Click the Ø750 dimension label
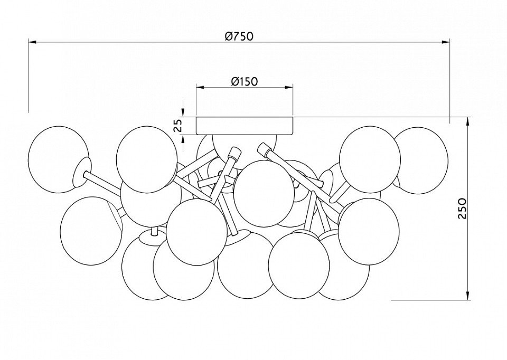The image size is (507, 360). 240,36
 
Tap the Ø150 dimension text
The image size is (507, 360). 245,81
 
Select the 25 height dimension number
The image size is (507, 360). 177,126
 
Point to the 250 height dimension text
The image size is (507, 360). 463,209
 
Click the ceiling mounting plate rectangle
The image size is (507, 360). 245,126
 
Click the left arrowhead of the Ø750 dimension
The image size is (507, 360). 32,42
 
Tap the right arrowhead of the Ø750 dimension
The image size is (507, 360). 446,42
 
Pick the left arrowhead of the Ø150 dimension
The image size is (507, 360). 200,87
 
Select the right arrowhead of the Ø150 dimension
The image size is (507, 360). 289,87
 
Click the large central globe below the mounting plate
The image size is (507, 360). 262,193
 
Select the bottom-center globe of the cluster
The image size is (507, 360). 245,266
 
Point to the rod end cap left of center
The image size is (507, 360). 233,153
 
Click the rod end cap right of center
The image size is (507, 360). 264,149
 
